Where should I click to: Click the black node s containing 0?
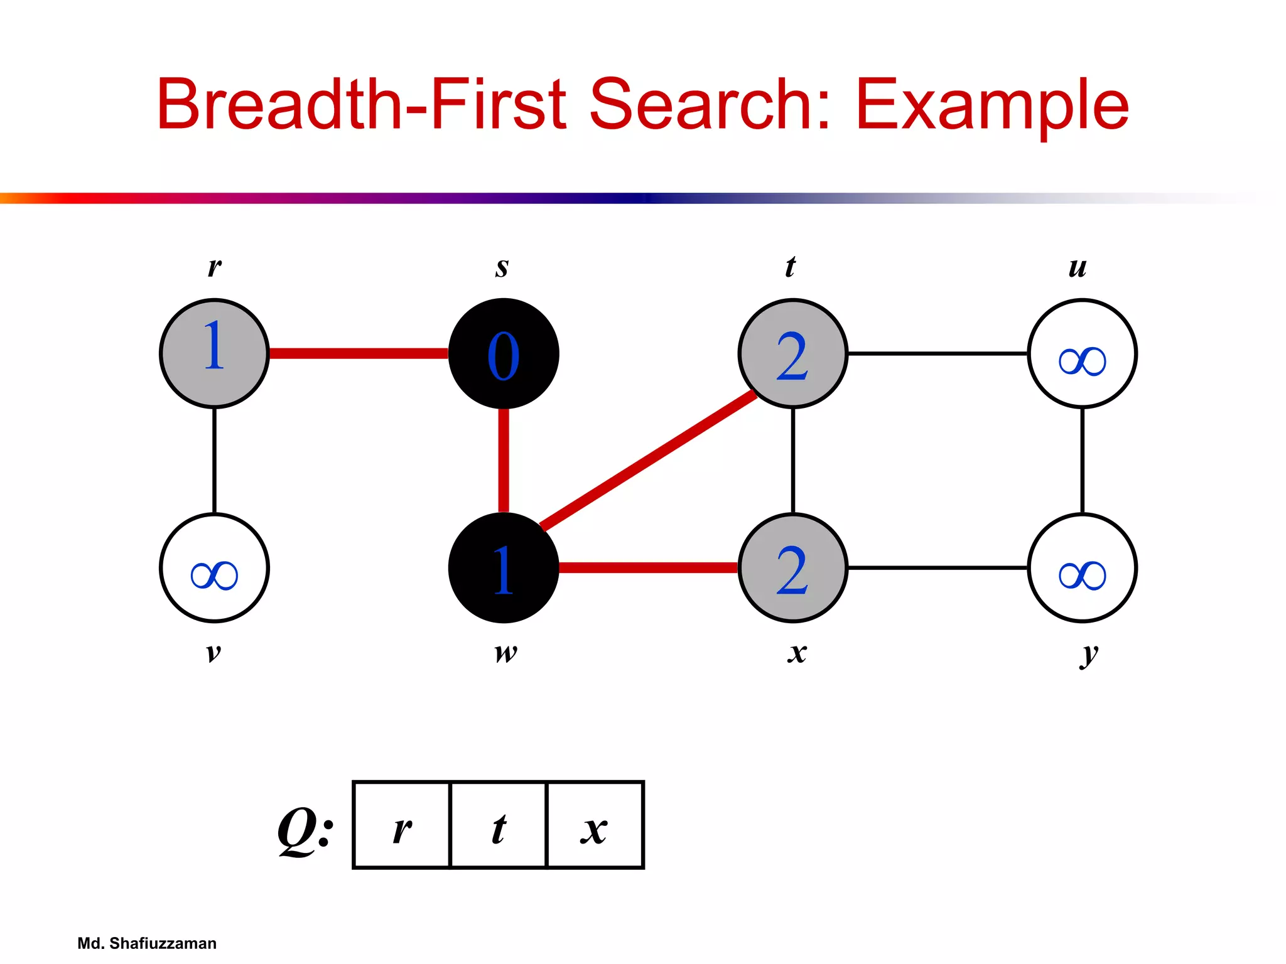(504, 354)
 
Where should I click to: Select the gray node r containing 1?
(215, 354)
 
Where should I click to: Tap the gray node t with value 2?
(793, 354)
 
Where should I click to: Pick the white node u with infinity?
(1083, 354)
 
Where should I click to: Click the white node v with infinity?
(215, 568)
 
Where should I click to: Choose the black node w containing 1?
(504, 568)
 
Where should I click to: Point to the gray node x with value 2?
(793, 568)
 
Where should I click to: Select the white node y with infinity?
(1083, 568)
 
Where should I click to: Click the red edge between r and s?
(358, 354)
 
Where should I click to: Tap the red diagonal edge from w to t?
(648, 461)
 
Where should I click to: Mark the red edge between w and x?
(648, 568)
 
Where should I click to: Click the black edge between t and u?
(937, 354)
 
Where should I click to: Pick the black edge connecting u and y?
(1083, 461)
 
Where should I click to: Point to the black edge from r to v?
(215, 461)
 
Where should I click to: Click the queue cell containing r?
(403, 825)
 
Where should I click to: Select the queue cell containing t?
(499, 825)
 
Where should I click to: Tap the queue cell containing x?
(595, 825)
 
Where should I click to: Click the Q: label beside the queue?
(305, 830)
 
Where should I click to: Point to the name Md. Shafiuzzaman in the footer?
(147, 943)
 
